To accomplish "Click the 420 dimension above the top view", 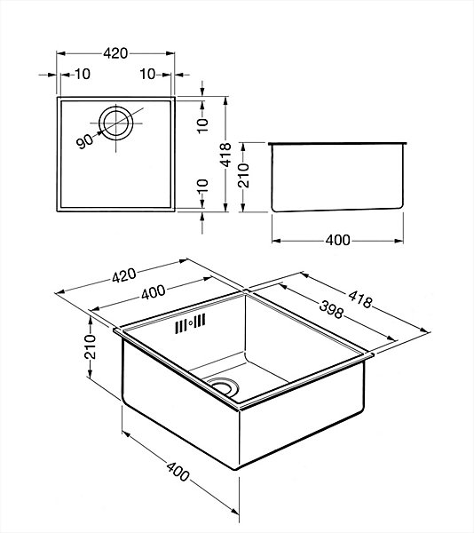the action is (115, 53).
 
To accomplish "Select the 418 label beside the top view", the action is (225, 155).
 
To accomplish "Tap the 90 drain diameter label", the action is (84, 141).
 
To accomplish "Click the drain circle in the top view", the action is (115, 123).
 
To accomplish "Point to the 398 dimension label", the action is (331, 309).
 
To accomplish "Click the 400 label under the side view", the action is (337, 241).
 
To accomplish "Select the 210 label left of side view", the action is (243, 175).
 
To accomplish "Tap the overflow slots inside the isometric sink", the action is (190, 323).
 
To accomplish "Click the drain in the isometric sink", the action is (223, 387).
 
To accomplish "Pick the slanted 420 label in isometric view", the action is (124, 275).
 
